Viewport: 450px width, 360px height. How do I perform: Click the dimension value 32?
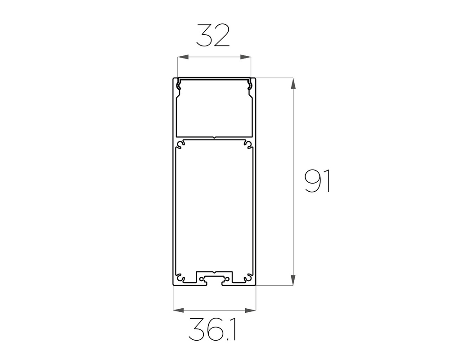pyautogui.click(x=213, y=36)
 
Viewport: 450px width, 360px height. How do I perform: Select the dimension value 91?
pyautogui.click(x=317, y=181)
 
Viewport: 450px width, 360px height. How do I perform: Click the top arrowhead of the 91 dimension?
pyautogui.click(x=293, y=84)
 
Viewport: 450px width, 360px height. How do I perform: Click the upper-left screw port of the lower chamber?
pyautogui.click(x=181, y=144)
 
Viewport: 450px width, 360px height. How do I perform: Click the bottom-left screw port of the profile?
pyautogui.click(x=180, y=277)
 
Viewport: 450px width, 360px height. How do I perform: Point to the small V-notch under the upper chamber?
pyautogui.click(x=215, y=138)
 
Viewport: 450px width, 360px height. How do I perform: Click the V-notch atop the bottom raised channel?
pyautogui.click(x=215, y=273)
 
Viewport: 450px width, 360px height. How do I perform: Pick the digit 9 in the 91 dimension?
pyautogui.click(x=312, y=181)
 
